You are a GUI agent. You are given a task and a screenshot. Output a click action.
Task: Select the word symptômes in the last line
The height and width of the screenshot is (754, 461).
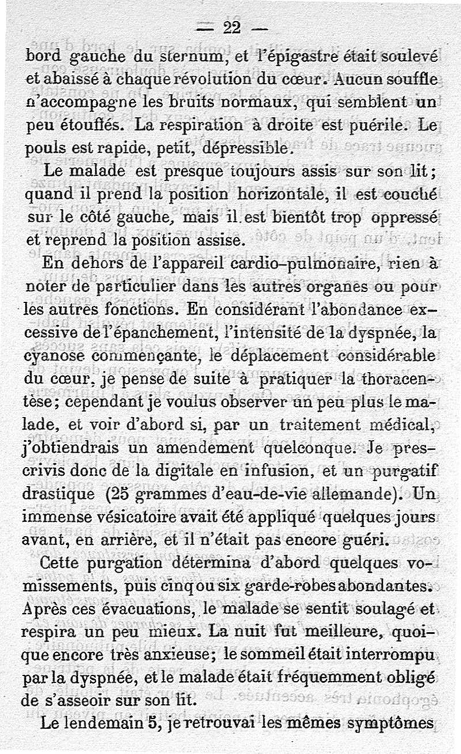coord(390,725)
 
